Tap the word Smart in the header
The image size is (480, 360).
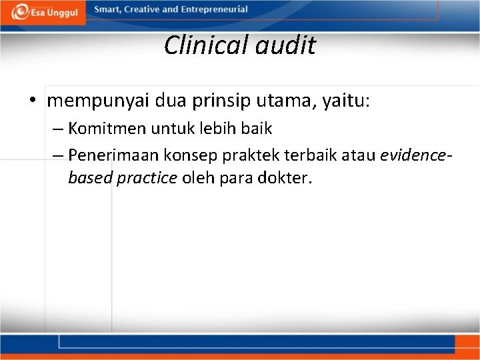(x=107, y=10)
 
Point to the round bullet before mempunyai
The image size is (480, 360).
(x=33, y=101)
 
